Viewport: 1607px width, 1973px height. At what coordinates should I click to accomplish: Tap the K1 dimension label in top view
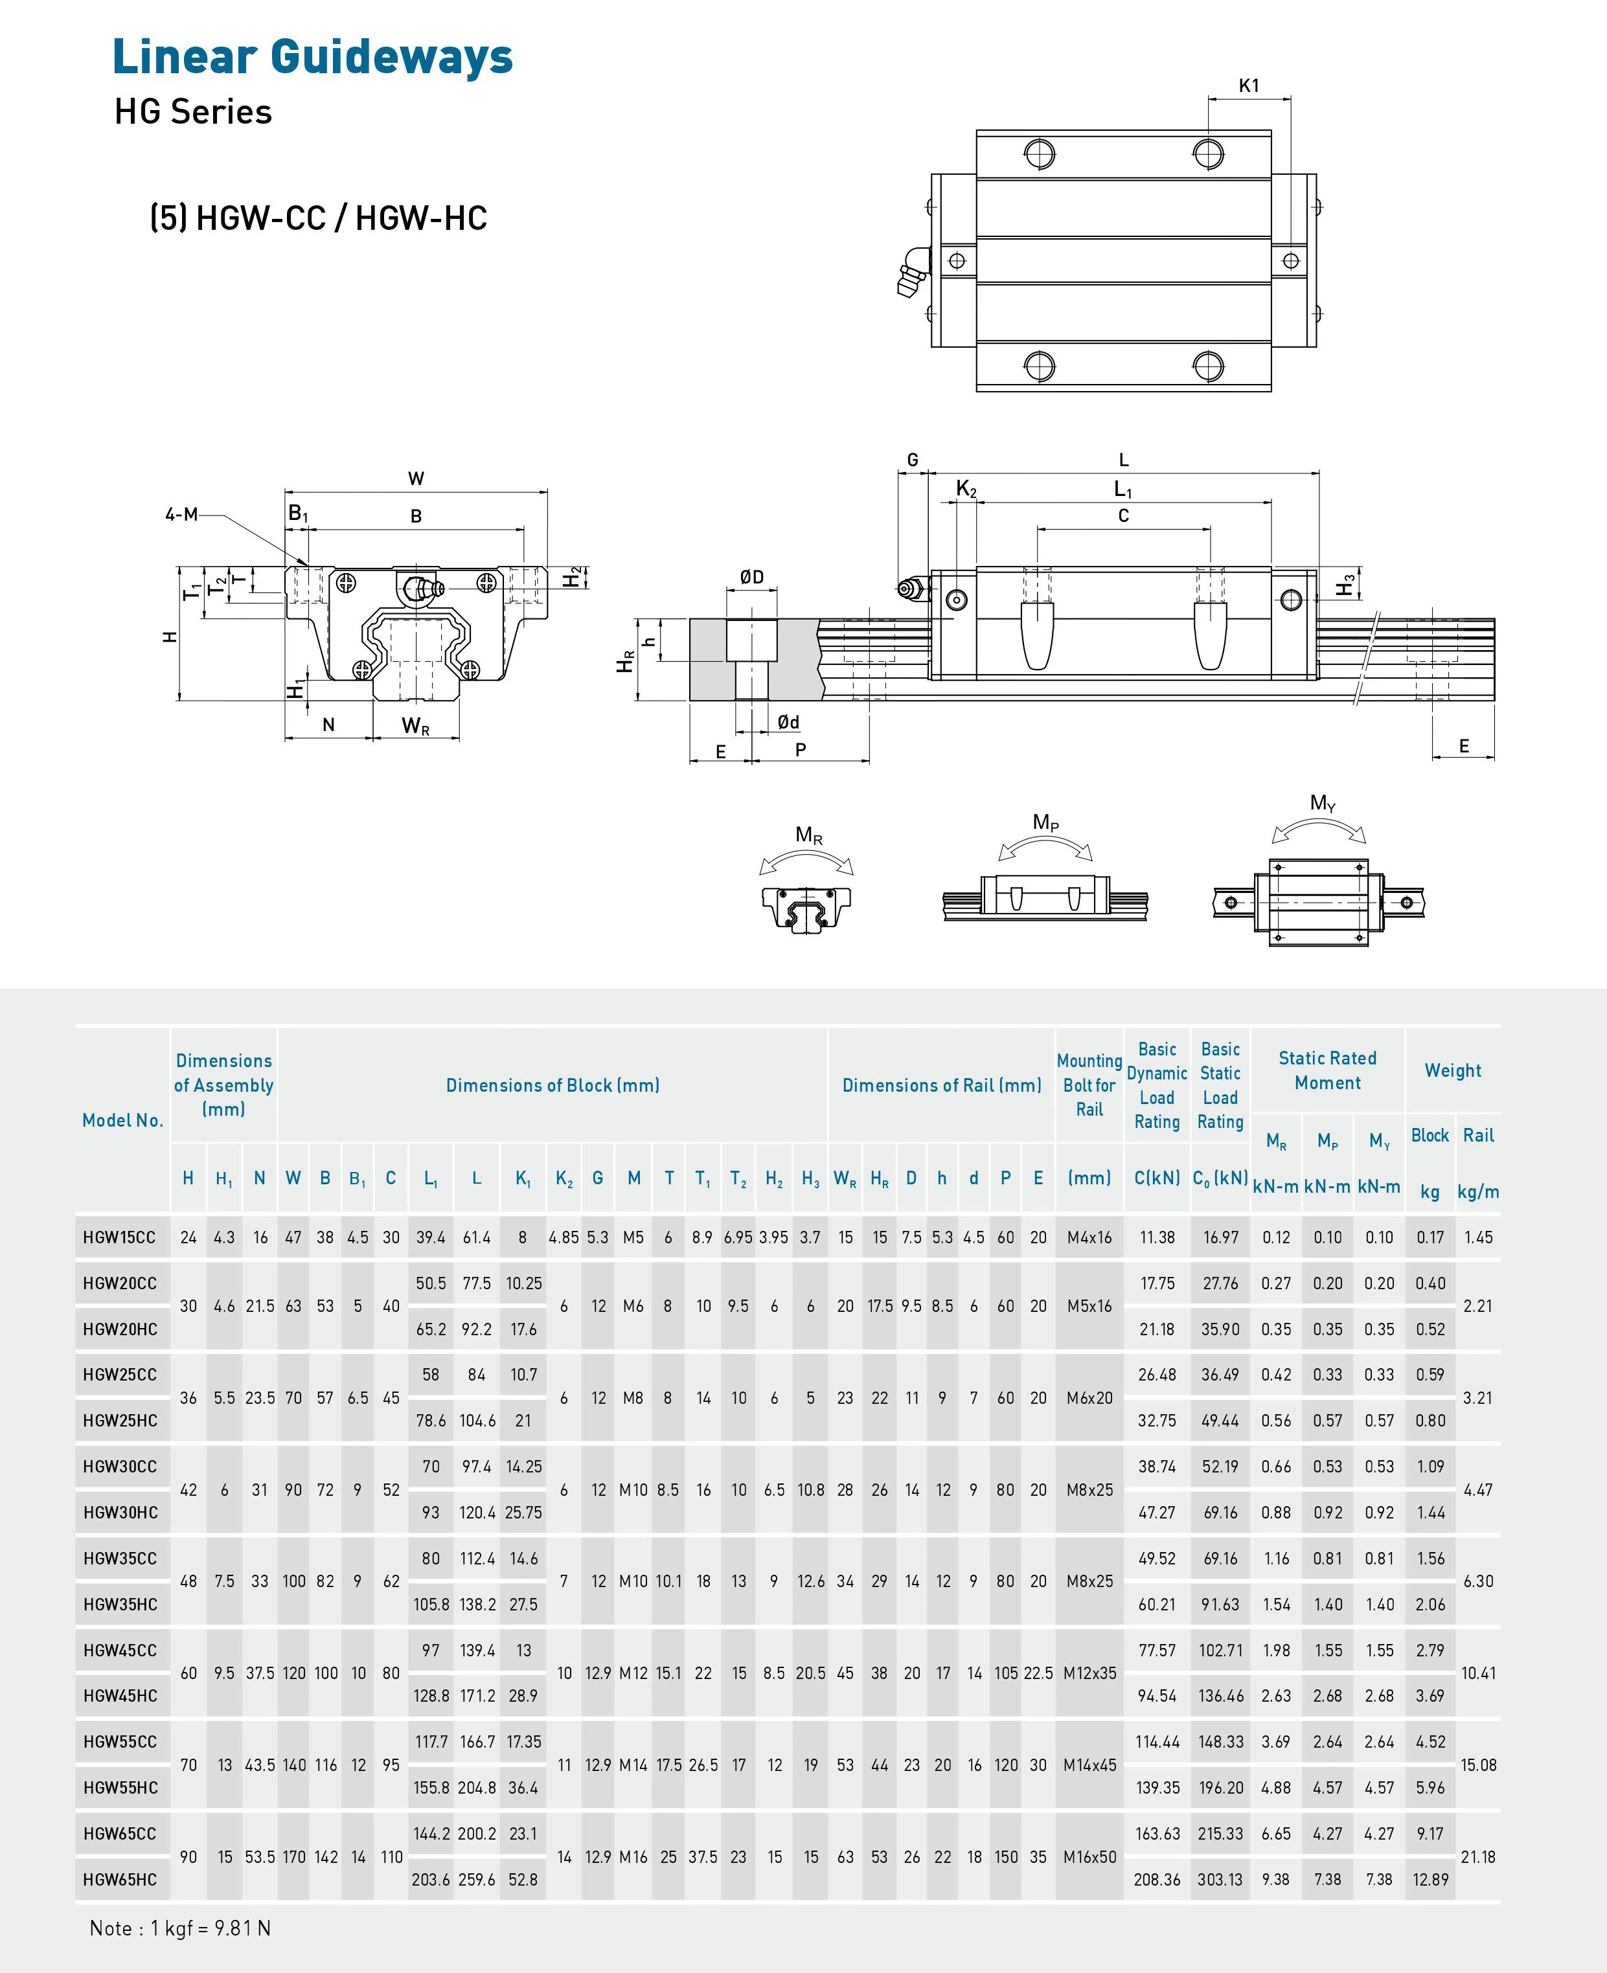pos(1249,85)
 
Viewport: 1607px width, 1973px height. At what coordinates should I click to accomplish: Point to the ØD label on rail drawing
pos(751,578)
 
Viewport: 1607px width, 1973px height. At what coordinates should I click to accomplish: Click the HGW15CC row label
pos(119,1237)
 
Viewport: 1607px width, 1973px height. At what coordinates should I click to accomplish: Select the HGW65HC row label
pos(119,1880)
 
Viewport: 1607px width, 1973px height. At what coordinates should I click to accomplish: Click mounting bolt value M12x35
pos(1089,1673)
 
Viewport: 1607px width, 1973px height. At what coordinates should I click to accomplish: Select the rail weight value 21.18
pos(1477,1856)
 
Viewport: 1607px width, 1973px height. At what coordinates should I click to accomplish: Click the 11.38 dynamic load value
pos(1157,1237)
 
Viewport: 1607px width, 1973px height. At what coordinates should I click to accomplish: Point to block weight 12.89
pos(1430,1880)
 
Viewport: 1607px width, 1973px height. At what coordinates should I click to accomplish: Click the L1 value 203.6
pos(431,1880)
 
